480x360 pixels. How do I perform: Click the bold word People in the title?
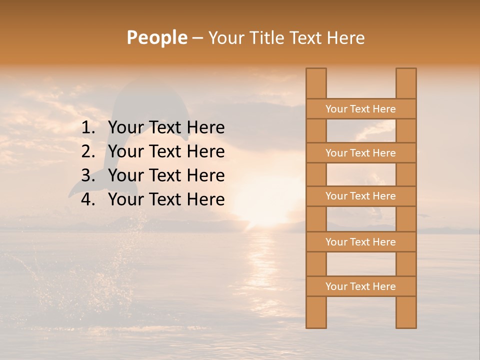[156, 37]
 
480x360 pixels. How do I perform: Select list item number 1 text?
[166, 127]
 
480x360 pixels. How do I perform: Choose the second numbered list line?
[166, 151]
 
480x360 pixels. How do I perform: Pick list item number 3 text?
[166, 175]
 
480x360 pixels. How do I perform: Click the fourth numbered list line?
[166, 199]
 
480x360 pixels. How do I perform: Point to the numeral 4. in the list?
[88, 199]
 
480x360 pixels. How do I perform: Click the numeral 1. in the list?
[88, 127]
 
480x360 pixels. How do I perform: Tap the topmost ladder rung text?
[360, 109]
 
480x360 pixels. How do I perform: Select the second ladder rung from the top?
[360, 153]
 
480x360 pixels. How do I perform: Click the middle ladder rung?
[360, 196]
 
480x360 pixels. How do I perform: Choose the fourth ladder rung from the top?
[360, 242]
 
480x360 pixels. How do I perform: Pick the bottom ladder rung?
[360, 286]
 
